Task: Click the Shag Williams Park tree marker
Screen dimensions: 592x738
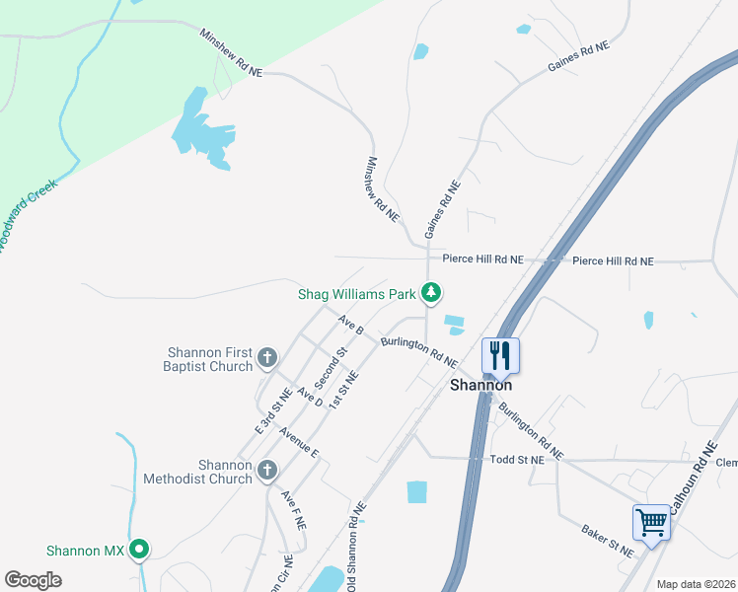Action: pos(431,292)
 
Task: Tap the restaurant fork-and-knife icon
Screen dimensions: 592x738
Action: pos(500,354)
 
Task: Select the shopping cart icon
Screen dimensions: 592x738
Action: pos(651,522)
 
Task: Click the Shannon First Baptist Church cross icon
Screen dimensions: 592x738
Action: pos(266,357)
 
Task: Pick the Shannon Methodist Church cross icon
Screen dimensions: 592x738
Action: pos(266,472)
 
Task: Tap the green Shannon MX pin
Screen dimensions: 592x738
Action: pos(139,550)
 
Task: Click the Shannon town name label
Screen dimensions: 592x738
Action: pos(480,385)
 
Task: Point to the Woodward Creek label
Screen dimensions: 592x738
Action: pos(27,214)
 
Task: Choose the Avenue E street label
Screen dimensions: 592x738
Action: pos(299,441)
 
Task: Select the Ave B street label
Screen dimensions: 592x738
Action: pos(350,325)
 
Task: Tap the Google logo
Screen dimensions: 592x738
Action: pos(33,579)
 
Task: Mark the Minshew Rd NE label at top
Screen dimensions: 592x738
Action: pos(232,52)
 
